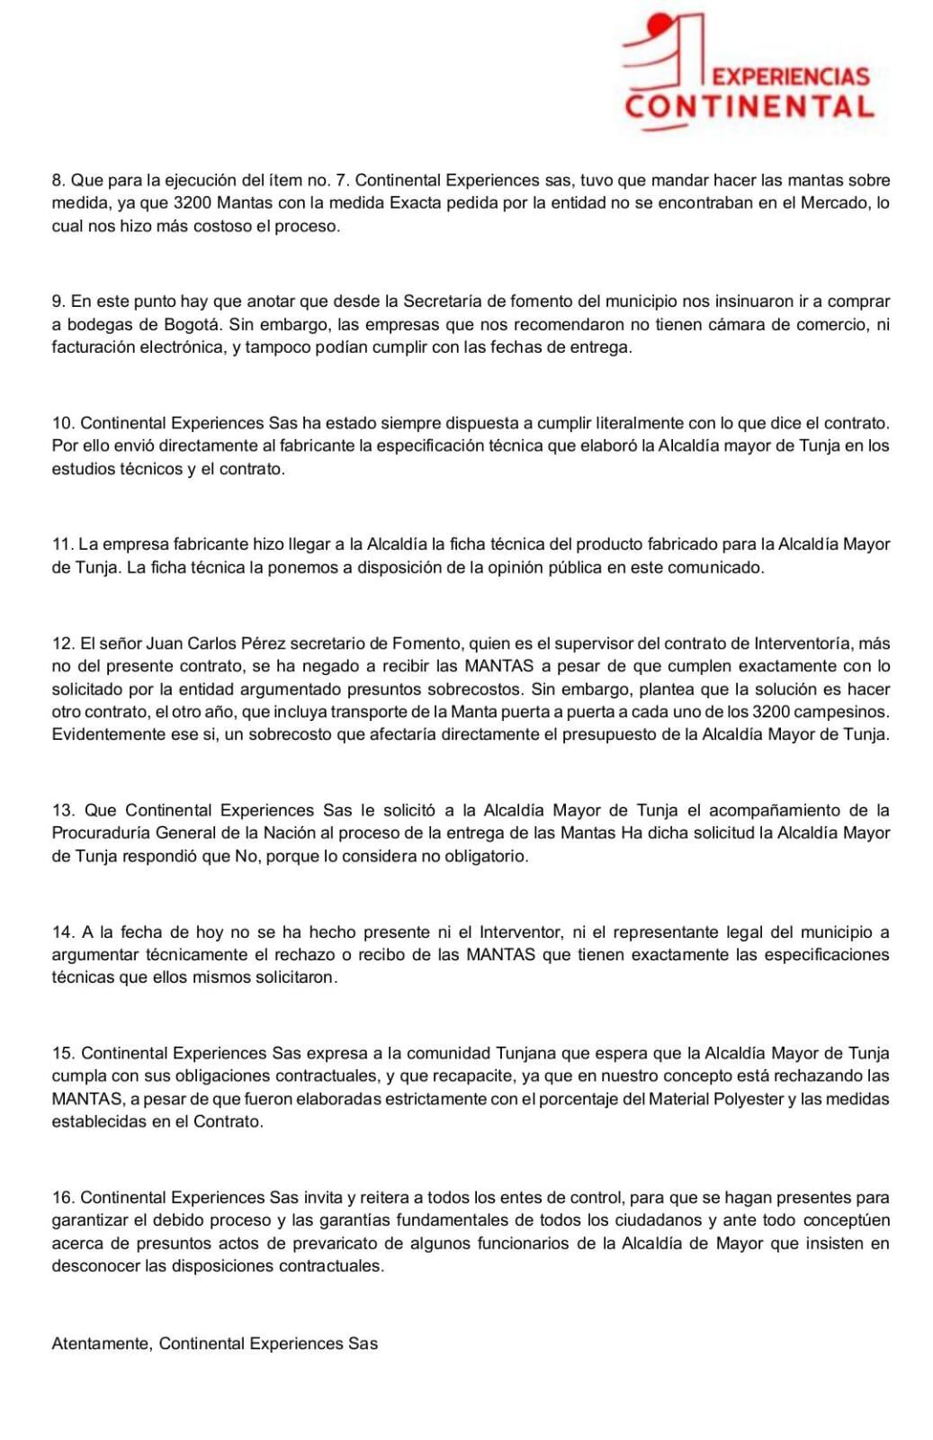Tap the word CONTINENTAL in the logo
click(749, 106)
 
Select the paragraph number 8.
click(58, 180)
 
